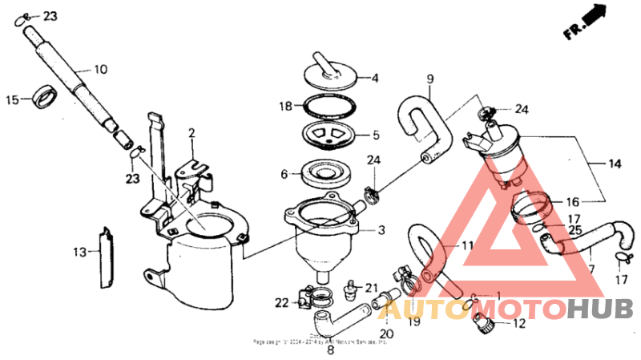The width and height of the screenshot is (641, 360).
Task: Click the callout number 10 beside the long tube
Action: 100,70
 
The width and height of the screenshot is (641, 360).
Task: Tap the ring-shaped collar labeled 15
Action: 45,100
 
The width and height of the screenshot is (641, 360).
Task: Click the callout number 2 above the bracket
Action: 191,131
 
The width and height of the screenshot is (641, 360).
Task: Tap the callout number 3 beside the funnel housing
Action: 381,230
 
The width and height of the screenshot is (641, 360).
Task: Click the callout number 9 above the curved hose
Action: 429,79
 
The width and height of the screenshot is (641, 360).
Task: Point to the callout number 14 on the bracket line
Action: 615,164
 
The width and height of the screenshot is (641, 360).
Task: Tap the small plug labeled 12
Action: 484,325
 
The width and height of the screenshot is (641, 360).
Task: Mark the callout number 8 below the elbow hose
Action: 330,349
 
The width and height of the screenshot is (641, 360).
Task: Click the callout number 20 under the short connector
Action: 386,334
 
